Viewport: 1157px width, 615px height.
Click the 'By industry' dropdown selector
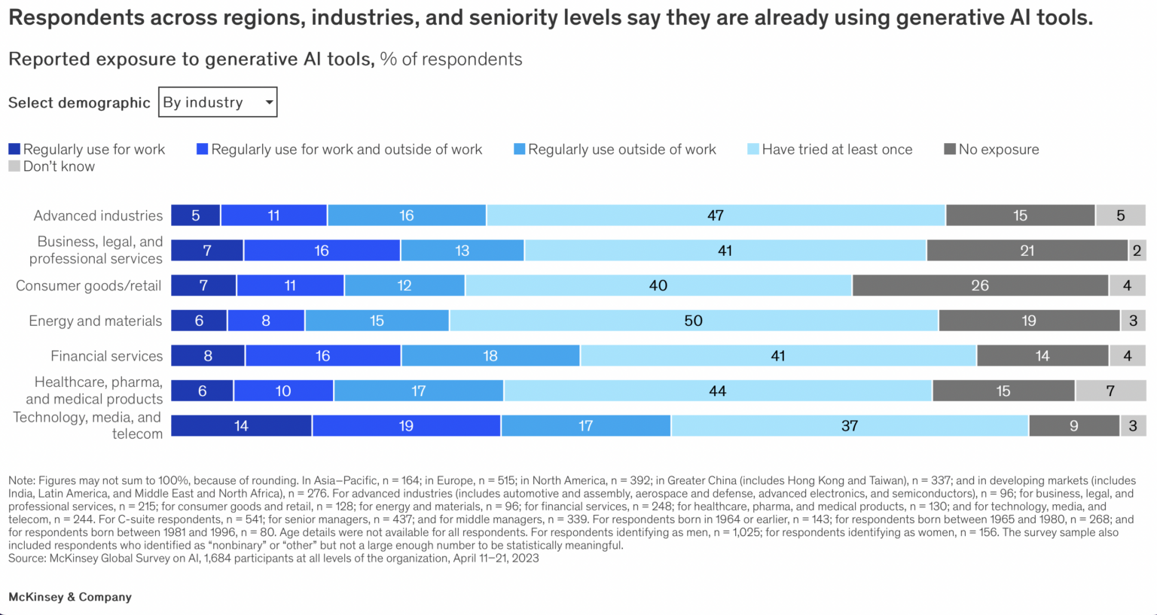218,102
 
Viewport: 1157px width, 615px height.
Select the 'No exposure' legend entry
991,149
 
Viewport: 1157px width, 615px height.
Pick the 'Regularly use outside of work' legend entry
615,149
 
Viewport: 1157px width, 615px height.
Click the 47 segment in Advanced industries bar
716,215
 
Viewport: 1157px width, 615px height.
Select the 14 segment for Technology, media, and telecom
241,426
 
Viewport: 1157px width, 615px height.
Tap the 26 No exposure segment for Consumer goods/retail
980,285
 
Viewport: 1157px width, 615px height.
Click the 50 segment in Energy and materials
694,321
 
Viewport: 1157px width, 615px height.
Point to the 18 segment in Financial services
490,356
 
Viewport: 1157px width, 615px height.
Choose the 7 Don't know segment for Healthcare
1110,391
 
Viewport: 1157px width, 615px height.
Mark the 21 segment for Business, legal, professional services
1027,251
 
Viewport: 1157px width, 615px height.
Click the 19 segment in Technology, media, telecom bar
406,426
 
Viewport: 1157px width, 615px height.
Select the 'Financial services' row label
106,356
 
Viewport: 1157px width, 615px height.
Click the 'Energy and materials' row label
95,321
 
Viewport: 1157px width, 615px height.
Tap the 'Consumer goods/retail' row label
88,285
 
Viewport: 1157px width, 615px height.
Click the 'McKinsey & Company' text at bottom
70,597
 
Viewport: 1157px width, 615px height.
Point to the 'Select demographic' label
79,103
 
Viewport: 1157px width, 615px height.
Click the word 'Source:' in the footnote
27,559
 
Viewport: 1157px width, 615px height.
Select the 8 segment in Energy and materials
266,321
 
